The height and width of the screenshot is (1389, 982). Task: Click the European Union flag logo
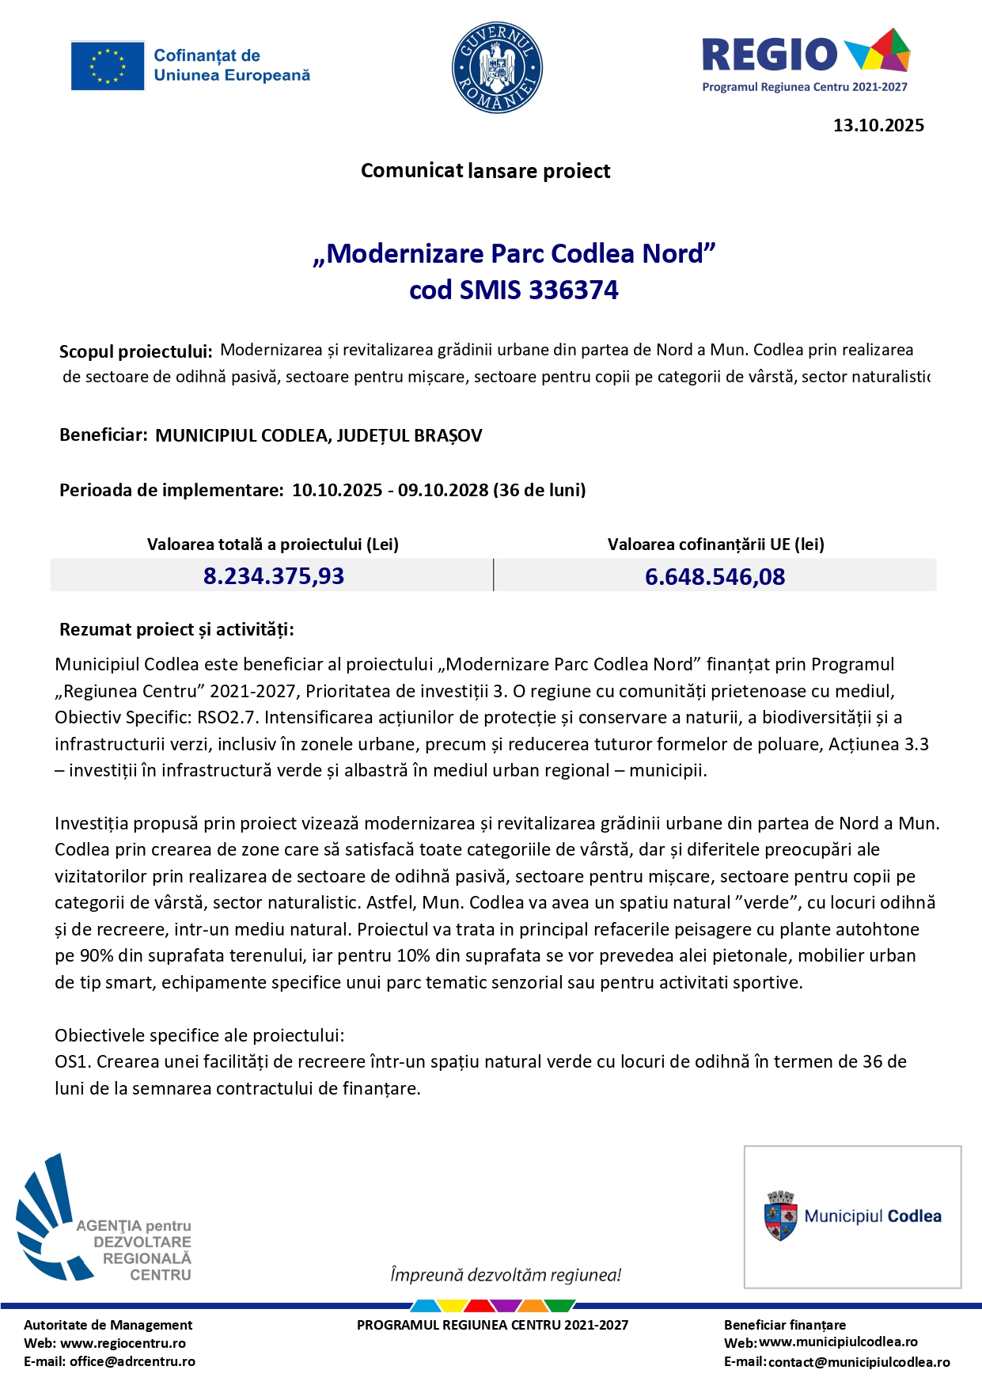108,66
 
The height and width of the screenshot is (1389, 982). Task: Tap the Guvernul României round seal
497,67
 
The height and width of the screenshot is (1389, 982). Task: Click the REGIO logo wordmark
769,55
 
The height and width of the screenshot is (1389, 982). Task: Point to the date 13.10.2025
878,125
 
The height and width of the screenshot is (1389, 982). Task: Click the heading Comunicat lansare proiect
485,171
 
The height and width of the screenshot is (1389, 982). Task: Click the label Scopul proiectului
135,351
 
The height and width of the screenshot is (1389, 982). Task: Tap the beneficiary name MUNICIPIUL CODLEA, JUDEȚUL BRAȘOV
318,435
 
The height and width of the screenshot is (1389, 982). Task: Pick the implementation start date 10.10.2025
337,490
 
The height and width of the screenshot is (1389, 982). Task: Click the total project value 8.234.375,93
274,576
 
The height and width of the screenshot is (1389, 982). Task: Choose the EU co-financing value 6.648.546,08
715,577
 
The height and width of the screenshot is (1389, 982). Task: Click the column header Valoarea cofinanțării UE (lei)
715,545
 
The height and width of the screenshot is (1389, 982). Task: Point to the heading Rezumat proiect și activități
176,630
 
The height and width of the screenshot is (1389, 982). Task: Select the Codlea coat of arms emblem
780,1216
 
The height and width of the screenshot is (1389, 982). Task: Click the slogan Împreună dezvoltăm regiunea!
506,1275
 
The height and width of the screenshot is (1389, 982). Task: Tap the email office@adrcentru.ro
132,1361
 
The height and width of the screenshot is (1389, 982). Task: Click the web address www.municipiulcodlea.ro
838,1342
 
